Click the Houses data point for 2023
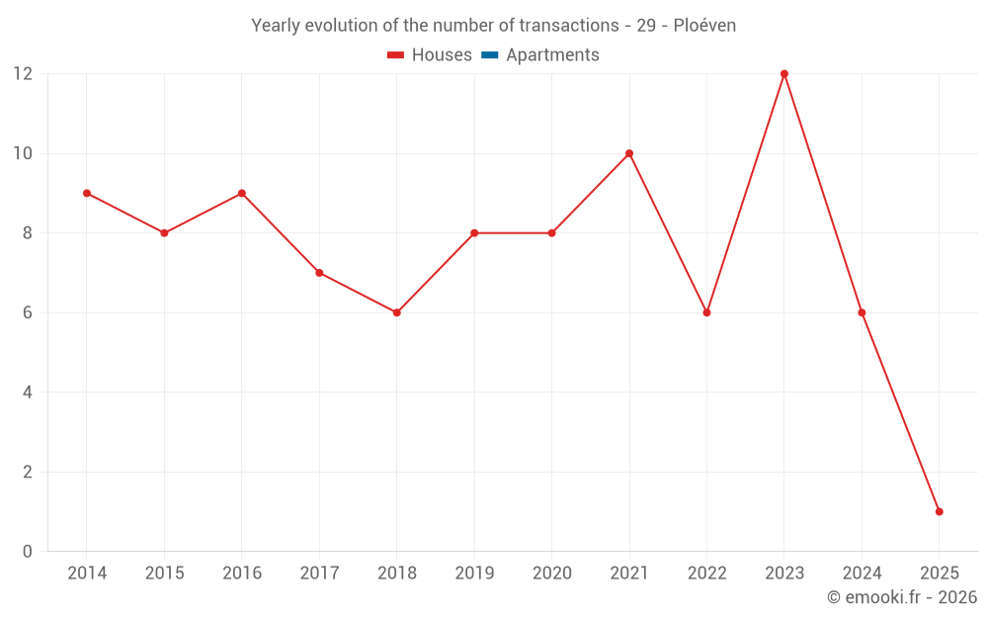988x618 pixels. (x=784, y=74)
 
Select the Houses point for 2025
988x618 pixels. (x=939, y=511)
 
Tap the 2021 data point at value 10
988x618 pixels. (x=629, y=153)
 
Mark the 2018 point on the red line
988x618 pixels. (x=396, y=312)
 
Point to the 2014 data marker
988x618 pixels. (x=87, y=193)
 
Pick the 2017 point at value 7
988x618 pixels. (x=319, y=273)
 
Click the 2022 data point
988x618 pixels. (x=706, y=312)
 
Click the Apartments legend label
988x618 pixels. (x=552, y=55)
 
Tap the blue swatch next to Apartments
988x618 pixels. (x=490, y=55)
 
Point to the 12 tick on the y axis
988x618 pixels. (x=22, y=74)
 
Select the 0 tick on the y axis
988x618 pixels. (x=28, y=551)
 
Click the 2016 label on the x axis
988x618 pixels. (x=242, y=574)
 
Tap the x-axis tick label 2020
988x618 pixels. (x=551, y=574)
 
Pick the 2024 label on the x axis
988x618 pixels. (x=862, y=574)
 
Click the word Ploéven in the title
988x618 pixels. (x=704, y=26)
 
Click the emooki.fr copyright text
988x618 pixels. (x=902, y=597)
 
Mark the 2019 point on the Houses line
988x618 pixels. (x=474, y=233)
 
